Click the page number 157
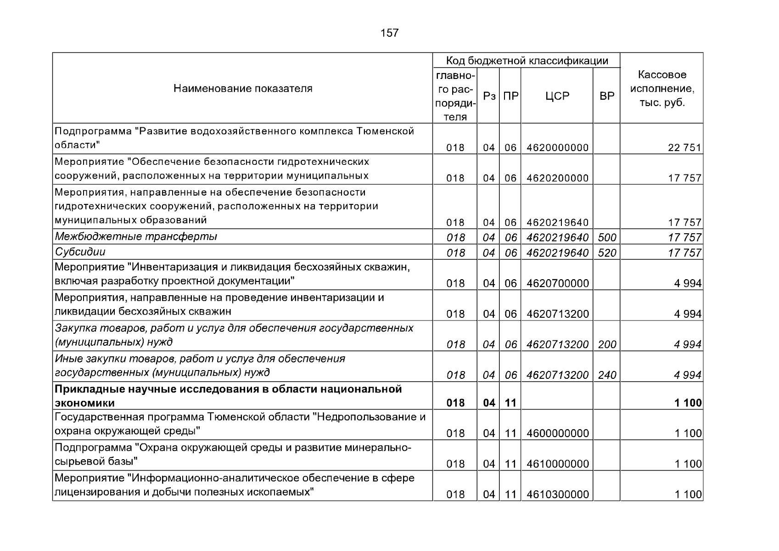[x=389, y=33]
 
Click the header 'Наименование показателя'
[x=243, y=88]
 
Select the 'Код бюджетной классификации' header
[x=527, y=61]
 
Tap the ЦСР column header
[x=557, y=96]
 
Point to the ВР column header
[x=606, y=96]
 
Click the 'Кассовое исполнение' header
[x=661, y=88]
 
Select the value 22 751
[x=684, y=147]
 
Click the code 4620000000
[x=557, y=147]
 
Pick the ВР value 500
[x=607, y=237]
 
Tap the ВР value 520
[x=607, y=253]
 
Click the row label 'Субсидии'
[x=80, y=252]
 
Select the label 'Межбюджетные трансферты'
[x=136, y=236]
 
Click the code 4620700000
[x=557, y=283]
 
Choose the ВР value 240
[x=607, y=375]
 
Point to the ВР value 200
[x=607, y=344]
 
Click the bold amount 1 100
[x=688, y=403]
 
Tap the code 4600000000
[x=557, y=433]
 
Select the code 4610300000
[x=557, y=494]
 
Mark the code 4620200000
[x=557, y=178]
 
